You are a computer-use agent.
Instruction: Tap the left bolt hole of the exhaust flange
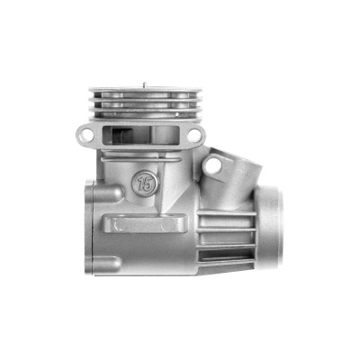click(85, 134)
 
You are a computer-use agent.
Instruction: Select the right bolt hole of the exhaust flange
click(194, 135)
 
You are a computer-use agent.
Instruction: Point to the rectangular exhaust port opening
click(140, 135)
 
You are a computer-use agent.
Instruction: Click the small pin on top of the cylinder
click(144, 85)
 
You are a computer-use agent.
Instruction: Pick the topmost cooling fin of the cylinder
click(145, 90)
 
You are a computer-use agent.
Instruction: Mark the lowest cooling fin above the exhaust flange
click(145, 119)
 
